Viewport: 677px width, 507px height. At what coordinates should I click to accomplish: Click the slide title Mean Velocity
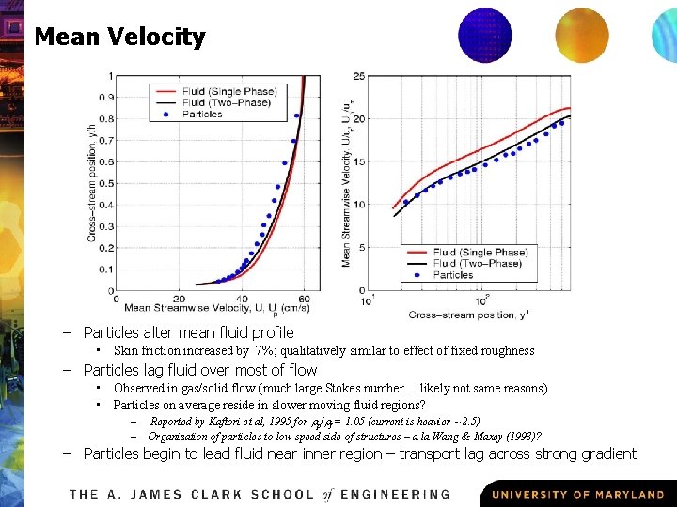click(119, 38)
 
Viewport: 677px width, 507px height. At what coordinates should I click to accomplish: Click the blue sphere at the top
click(484, 34)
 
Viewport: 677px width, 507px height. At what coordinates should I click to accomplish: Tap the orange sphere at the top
click(581, 35)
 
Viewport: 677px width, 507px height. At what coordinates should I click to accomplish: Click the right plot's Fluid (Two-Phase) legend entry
click(480, 264)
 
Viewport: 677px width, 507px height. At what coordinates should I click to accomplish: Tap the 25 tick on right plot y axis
click(359, 76)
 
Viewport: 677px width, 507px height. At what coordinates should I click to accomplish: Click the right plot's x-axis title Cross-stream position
click(467, 314)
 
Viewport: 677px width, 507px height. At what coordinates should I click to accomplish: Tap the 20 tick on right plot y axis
click(359, 119)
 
